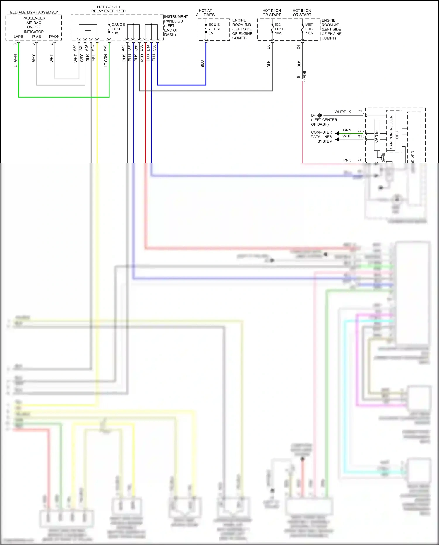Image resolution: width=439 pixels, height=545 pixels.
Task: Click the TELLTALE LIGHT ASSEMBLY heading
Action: [33, 12]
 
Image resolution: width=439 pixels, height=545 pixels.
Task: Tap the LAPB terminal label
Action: [18, 37]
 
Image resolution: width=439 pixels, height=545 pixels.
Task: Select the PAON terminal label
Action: [54, 37]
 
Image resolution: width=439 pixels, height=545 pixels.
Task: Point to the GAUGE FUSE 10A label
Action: [118, 29]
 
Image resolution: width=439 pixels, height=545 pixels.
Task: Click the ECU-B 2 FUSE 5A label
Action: [215, 29]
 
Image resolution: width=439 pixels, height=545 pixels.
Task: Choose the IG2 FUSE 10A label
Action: [279, 29]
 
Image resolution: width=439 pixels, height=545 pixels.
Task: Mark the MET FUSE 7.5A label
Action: [310, 29]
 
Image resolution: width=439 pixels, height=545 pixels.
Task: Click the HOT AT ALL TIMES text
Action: [205, 13]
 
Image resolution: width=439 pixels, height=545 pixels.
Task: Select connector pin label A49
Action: [105, 48]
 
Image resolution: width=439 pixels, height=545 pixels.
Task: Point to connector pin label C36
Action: [154, 48]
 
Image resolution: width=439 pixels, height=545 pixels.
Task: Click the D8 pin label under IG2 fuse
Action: [268, 47]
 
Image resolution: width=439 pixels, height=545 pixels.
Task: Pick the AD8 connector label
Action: [304, 75]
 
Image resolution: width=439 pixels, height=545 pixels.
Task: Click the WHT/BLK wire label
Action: [342, 112]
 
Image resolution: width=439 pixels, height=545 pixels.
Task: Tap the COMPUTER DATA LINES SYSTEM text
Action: [321, 137]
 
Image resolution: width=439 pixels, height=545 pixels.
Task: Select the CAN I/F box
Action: [377, 135]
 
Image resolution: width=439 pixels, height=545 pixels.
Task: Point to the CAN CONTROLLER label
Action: [391, 132]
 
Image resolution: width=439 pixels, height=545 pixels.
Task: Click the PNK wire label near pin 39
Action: [347, 160]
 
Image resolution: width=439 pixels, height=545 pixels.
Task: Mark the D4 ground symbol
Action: [320, 115]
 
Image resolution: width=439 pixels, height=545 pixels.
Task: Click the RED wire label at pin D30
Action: [142, 58]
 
